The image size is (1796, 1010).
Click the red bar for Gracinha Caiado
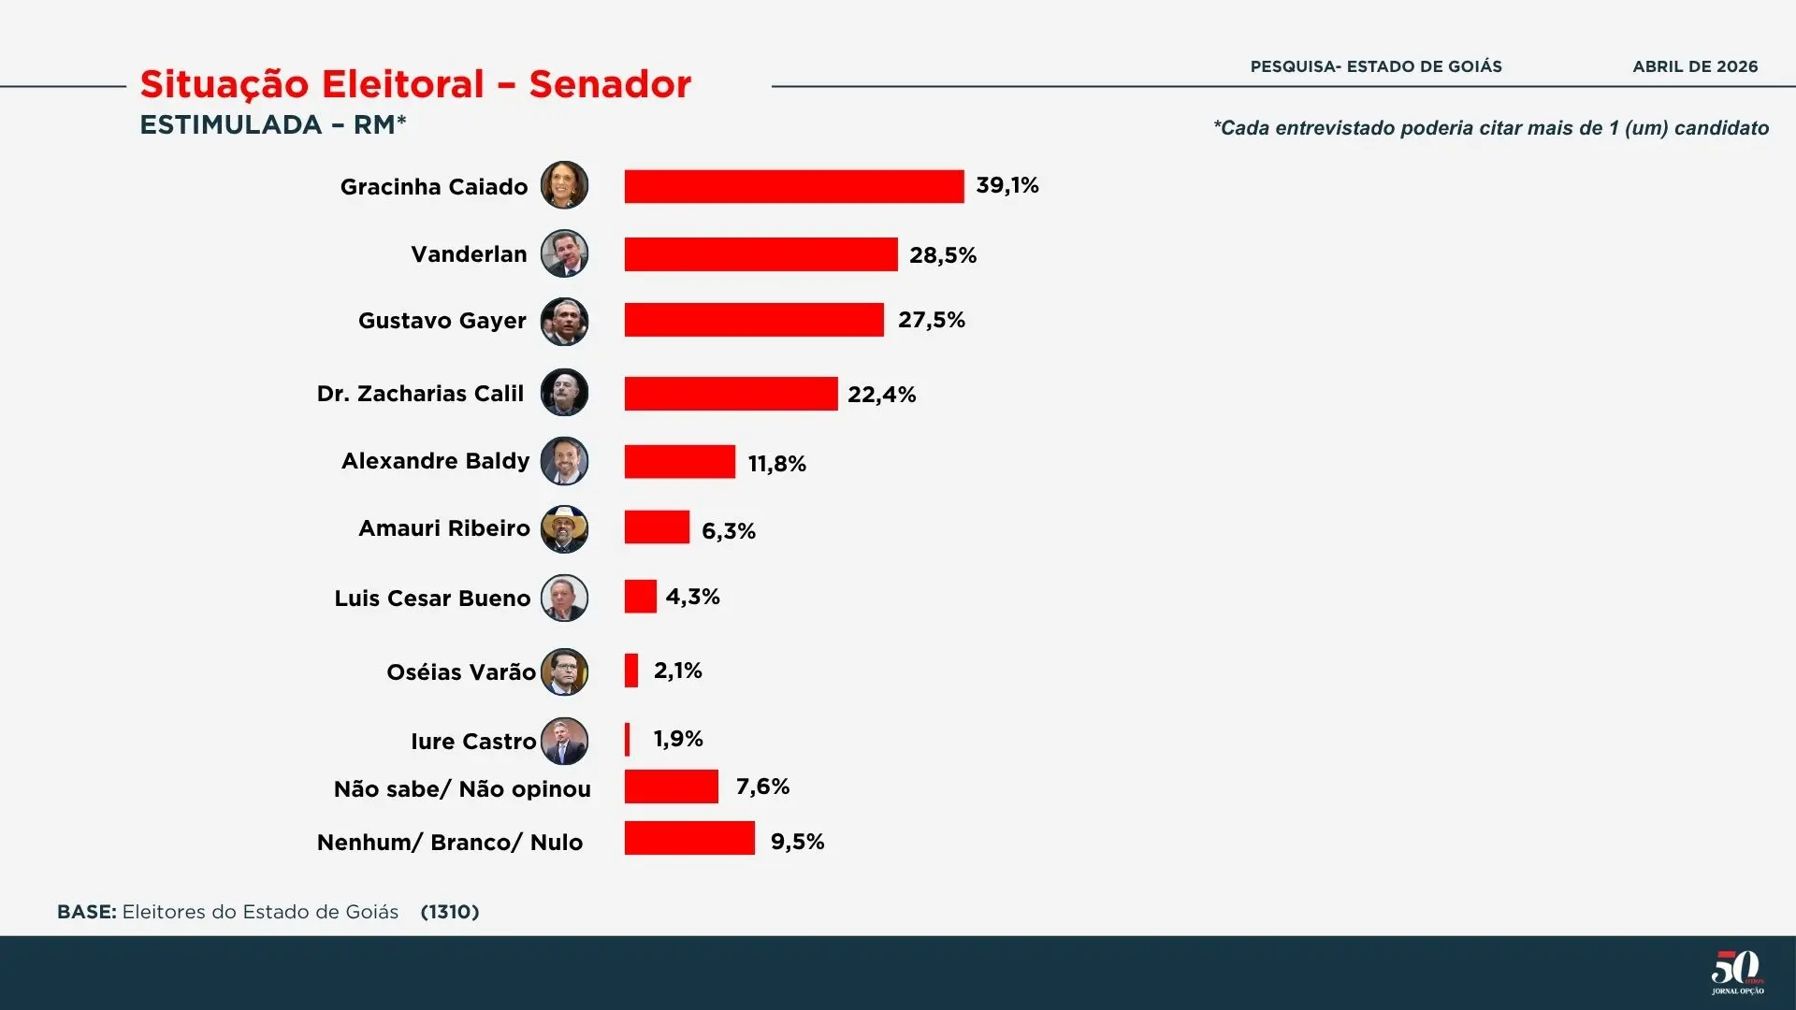[793, 186]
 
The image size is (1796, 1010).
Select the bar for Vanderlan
[760, 254]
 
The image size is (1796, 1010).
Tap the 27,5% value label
[931, 320]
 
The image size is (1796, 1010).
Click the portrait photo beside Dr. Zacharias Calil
[564, 393]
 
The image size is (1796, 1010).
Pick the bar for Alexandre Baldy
[679, 462]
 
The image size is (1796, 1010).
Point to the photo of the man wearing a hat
[564, 528]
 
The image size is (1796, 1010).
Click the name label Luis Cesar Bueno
[432, 599]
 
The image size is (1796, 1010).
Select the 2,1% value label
[677, 671]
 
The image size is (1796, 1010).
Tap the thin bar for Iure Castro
[628, 739]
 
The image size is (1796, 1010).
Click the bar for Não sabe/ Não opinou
[671, 786]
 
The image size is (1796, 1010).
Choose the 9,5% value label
[797, 842]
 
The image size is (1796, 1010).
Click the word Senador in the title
[610, 84]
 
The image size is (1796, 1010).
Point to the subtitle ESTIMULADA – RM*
[272, 124]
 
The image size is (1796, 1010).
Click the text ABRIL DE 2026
[1695, 66]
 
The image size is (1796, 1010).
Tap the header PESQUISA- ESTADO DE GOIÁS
[1376, 66]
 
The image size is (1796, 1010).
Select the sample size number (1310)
[450, 912]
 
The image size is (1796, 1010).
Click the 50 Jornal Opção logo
[1737, 973]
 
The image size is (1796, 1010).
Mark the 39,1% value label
[1007, 185]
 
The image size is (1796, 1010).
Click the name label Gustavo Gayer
[442, 321]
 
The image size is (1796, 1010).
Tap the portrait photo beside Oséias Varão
[564, 671]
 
